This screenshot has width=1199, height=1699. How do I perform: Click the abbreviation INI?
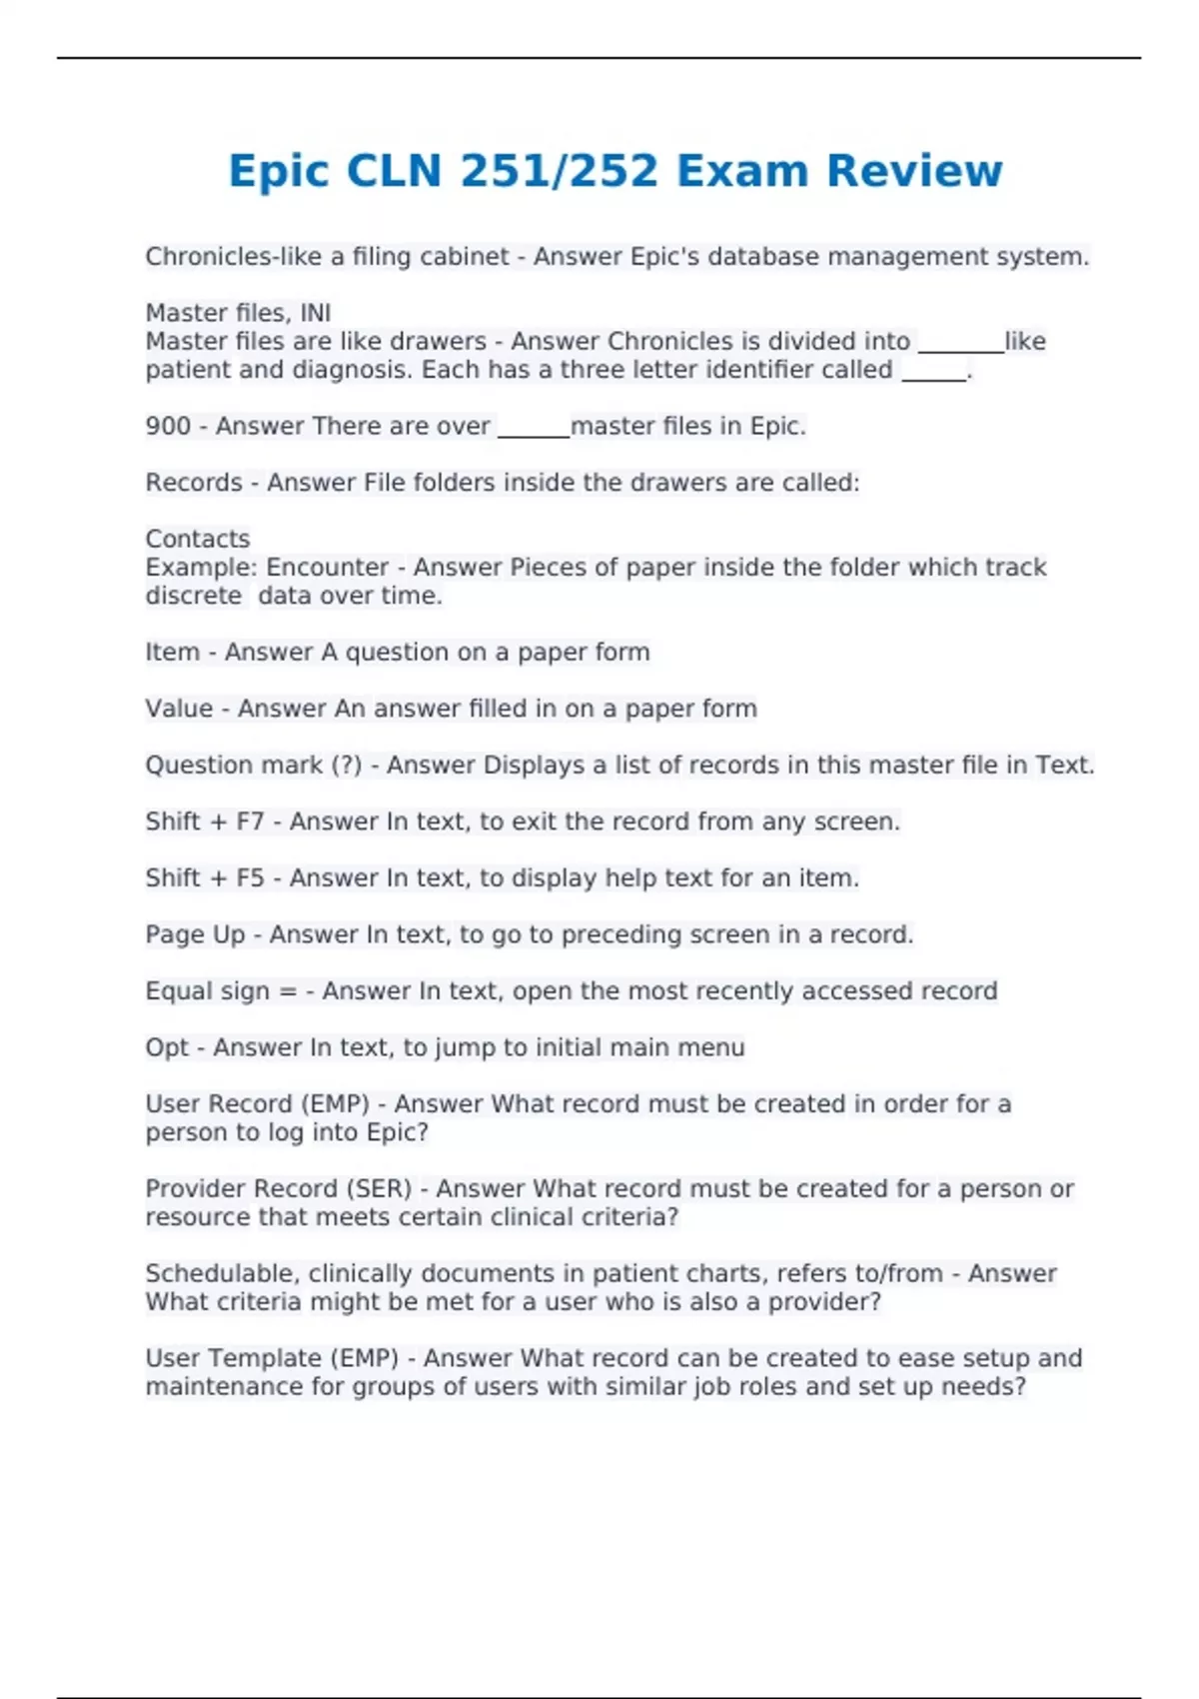click(x=315, y=313)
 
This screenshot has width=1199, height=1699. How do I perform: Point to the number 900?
click(x=168, y=426)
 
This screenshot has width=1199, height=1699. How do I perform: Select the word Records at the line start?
click(x=194, y=483)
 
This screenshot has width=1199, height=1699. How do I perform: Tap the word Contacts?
click(x=198, y=539)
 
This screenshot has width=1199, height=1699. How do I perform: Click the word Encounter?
click(x=327, y=567)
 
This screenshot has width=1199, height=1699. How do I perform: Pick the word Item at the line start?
click(x=173, y=652)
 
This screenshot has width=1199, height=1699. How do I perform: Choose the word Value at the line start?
click(x=179, y=709)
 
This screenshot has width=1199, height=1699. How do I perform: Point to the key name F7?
click(x=250, y=822)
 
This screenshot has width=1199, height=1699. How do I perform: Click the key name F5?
click(x=250, y=878)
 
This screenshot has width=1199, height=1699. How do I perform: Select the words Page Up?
click(x=195, y=934)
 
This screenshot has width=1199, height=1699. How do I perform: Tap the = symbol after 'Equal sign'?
click(x=288, y=991)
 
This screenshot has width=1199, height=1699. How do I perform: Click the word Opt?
click(x=166, y=1047)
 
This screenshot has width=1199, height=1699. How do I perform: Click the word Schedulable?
click(x=223, y=1273)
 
